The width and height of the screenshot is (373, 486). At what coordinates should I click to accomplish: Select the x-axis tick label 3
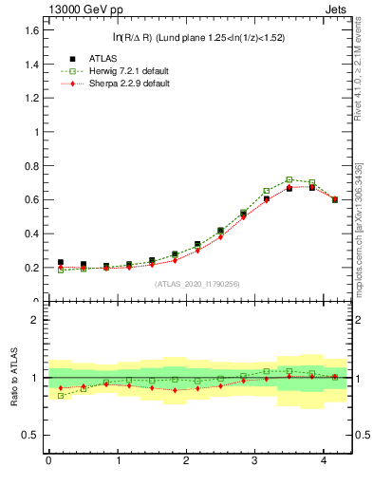pyautogui.click(x=254, y=461)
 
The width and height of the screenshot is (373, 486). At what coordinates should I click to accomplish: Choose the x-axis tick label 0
pyautogui.click(x=48, y=461)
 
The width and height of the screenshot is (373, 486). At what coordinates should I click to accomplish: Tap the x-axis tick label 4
pyautogui.click(x=324, y=461)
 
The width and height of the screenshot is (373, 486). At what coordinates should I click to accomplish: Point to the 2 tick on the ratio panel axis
pyautogui.click(x=35, y=320)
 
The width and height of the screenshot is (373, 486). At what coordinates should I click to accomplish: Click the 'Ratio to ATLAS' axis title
pyautogui.click(x=12, y=377)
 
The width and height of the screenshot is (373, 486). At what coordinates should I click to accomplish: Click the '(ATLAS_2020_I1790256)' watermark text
pyautogui.click(x=196, y=284)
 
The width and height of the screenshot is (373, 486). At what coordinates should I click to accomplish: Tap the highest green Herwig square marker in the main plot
pyautogui.click(x=289, y=179)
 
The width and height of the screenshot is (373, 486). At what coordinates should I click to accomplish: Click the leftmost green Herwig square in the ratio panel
pyautogui.click(x=61, y=395)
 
